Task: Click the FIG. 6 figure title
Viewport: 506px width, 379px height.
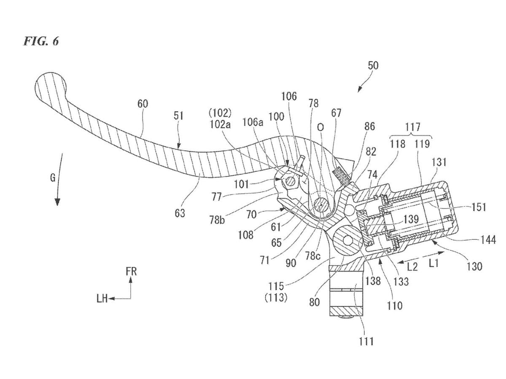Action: point(41,42)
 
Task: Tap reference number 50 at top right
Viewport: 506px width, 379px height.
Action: point(373,66)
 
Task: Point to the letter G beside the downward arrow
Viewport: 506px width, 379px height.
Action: point(53,178)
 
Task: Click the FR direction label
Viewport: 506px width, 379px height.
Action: point(132,272)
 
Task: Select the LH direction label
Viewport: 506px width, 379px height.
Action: point(102,299)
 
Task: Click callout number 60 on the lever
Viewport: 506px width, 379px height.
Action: point(143,104)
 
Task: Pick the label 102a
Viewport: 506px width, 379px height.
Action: point(221,125)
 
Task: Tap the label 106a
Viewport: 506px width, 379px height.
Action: point(253,123)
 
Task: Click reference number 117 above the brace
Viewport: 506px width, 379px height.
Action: point(413,127)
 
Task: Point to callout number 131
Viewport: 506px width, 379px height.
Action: point(439,163)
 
